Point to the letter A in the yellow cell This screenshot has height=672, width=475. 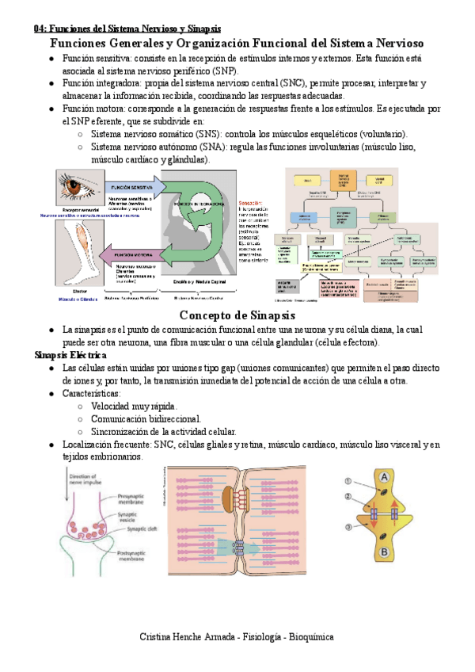(385, 477)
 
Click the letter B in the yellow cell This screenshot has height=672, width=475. (385, 552)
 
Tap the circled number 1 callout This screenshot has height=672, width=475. (348, 481)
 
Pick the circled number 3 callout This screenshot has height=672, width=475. (348, 526)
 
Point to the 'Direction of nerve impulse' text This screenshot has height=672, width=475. (82, 475)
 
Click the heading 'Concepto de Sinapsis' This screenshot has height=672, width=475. (237, 315)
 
